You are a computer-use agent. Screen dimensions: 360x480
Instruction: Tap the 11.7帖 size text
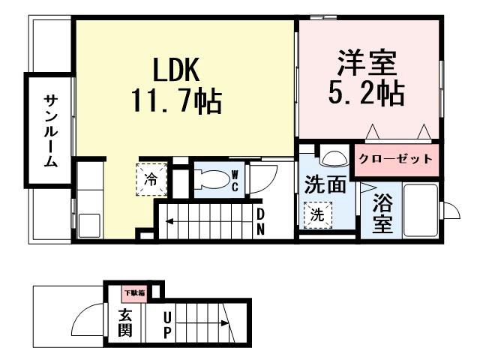[x=177, y=100]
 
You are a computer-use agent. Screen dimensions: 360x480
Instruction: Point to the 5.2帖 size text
[x=365, y=93]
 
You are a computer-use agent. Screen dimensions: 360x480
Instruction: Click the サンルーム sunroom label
[x=49, y=130]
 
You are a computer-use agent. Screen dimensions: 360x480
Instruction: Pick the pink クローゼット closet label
[x=394, y=158]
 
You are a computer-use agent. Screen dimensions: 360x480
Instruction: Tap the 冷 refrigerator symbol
[x=150, y=180]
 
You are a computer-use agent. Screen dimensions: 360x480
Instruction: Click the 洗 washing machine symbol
[x=317, y=214]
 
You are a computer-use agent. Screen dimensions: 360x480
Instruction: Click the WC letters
[x=234, y=180]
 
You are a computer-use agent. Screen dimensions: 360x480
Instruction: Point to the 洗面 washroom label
[x=325, y=184]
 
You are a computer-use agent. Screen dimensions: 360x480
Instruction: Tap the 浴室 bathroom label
[x=382, y=214]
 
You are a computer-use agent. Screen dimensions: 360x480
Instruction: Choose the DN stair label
[x=261, y=222]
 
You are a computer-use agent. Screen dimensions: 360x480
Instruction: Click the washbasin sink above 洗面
[x=330, y=160]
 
